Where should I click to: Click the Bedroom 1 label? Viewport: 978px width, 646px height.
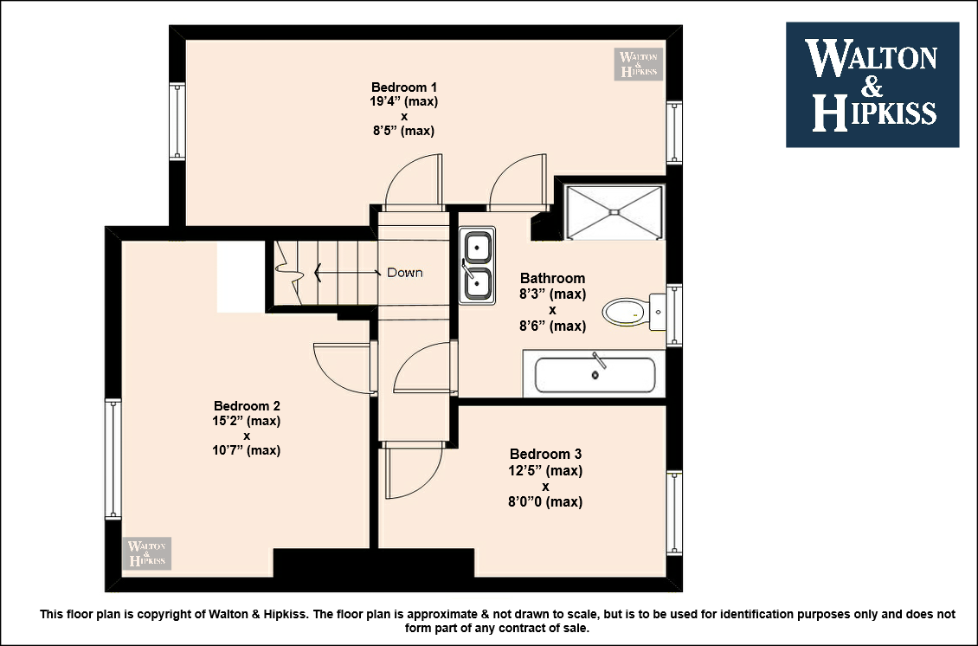(403, 87)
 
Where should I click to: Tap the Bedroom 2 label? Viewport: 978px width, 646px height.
(247, 406)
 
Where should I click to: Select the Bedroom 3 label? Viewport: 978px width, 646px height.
(546, 455)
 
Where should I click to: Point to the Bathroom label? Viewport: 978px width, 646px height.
(553, 278)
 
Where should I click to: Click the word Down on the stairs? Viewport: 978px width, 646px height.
(405, 273)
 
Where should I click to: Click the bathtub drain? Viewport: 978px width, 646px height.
(595, 375)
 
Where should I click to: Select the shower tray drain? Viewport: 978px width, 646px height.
(614, 212)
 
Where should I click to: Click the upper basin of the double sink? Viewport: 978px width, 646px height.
(478, 247)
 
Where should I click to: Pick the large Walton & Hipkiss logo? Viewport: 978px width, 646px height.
(872, 85)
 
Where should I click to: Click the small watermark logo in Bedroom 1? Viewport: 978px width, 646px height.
(638, 64)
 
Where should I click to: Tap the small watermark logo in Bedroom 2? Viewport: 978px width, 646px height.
(147, 553)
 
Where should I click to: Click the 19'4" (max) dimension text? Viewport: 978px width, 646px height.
(403, 101)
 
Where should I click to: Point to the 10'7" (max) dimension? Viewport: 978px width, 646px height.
(247, 450)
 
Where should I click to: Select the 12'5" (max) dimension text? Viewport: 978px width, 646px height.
(546, 470)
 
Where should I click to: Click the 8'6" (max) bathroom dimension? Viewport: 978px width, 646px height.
(553, 326)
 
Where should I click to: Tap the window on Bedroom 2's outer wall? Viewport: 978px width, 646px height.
(113, 459)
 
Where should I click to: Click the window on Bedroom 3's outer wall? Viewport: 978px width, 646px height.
(674, 513)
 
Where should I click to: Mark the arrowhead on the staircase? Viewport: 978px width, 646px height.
(318, 272)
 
